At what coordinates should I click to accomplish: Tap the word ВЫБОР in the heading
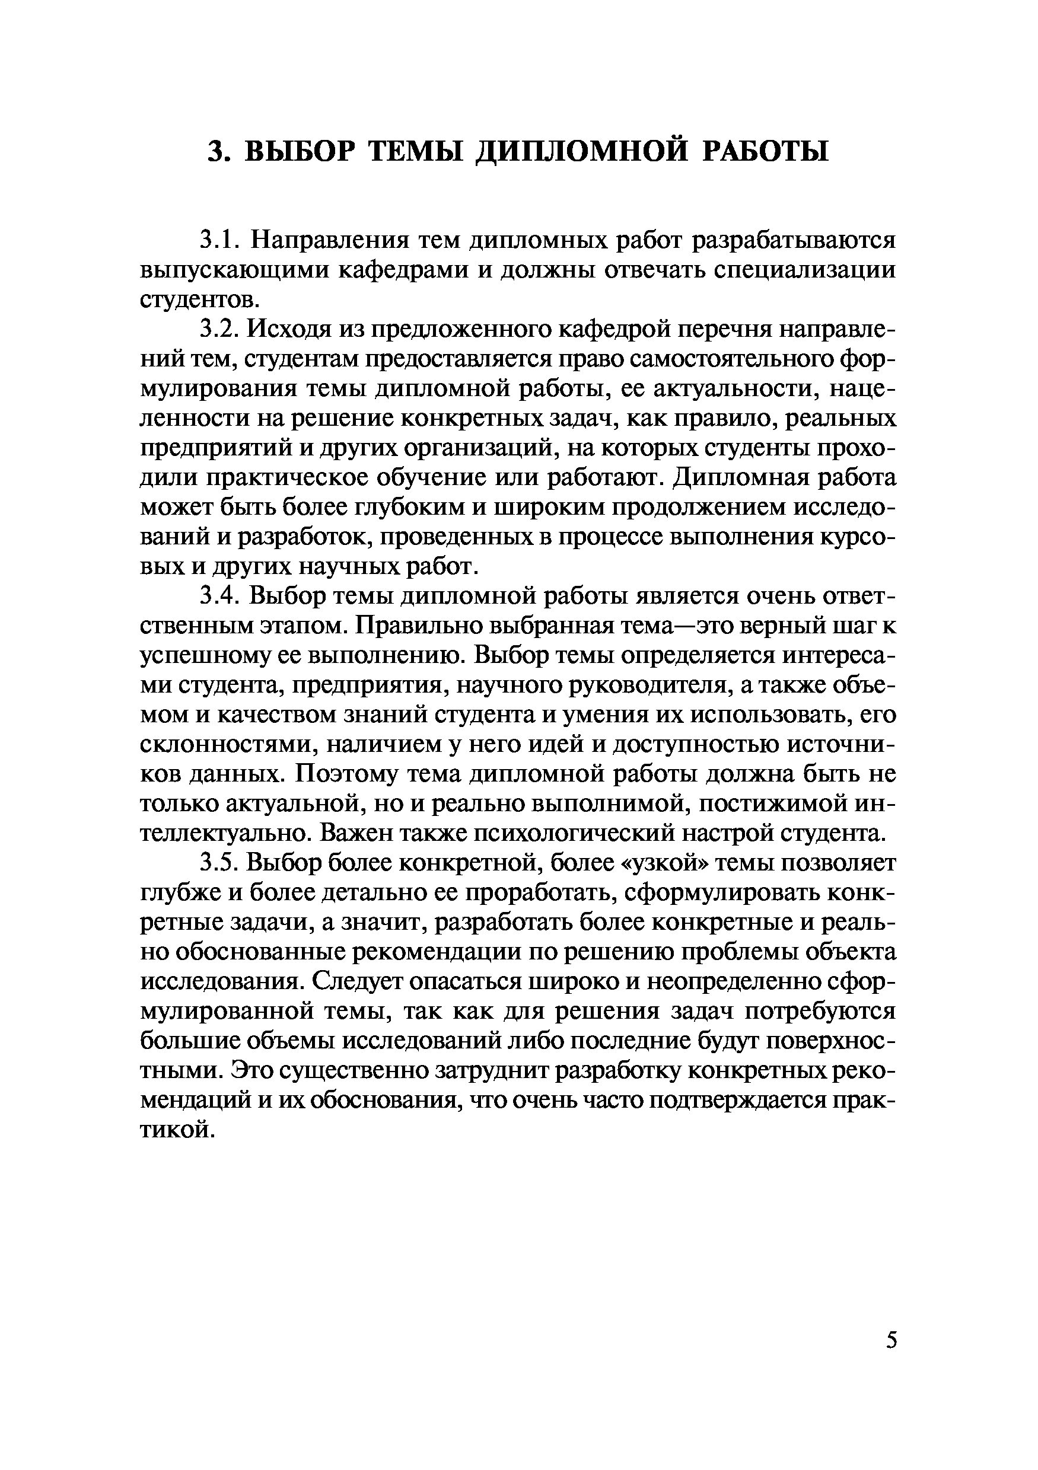pos(300,151)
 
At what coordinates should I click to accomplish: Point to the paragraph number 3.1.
pos(219,240)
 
